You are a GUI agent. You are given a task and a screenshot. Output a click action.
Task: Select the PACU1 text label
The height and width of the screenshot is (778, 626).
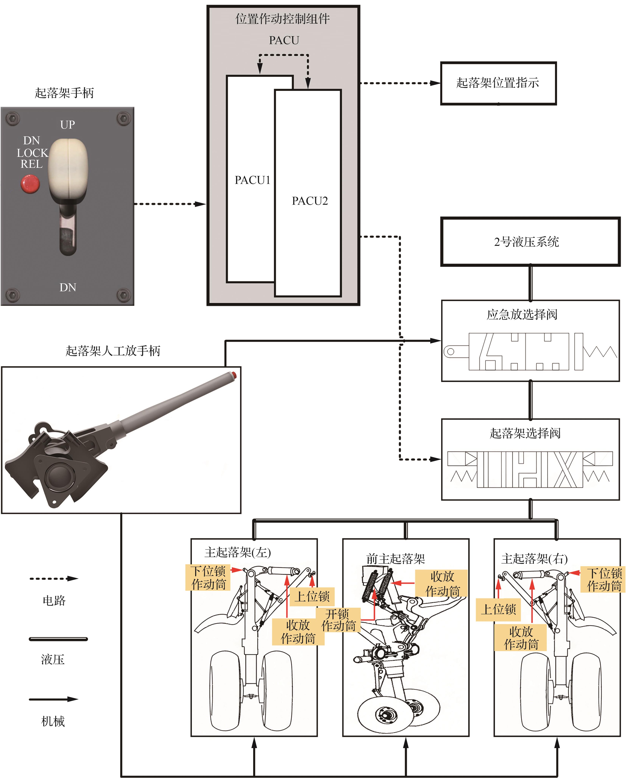click(x=252, y=180)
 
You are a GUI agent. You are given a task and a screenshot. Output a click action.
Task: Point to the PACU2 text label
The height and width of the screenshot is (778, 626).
click(x=310, y=201)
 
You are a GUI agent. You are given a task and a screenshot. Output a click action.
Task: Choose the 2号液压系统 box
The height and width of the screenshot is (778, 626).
click(x=530, y=242)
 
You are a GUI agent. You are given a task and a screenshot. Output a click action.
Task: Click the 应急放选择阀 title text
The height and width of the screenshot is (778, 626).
click(x=522, y=315)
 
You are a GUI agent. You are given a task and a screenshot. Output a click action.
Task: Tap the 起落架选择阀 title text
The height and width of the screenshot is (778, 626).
click(x=525, y=433)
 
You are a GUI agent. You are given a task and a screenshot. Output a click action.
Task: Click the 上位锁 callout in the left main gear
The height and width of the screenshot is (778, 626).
click(x=312, y=597)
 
